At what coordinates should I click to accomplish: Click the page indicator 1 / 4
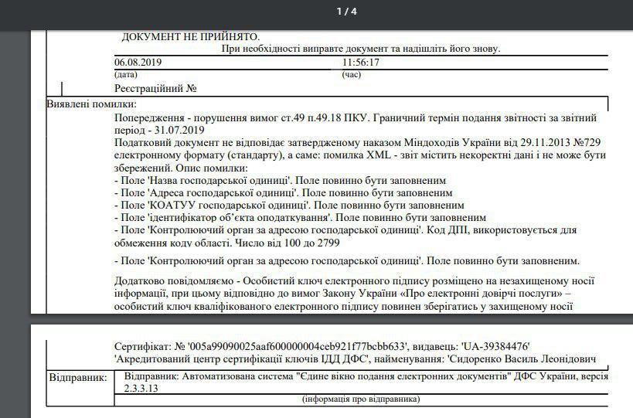347,12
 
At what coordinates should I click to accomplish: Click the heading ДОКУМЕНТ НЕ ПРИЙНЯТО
190,37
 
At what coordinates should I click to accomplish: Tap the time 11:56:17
360,63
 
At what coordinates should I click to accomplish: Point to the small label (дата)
125,75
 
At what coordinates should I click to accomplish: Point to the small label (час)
351,75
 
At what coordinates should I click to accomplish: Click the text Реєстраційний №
157,89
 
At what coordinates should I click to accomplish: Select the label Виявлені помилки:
91,104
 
